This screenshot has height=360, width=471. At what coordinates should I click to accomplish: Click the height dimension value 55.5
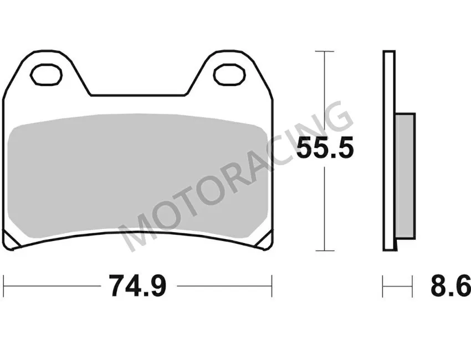coord(325,148)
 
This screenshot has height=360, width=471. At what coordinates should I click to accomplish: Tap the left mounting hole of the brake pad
coord(47,74)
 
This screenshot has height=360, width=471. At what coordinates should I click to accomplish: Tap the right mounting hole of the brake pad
coord(228,74)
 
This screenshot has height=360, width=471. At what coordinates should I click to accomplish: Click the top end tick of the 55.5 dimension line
coord(325,51)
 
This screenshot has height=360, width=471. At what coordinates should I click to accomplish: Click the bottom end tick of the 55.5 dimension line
coord(325,250)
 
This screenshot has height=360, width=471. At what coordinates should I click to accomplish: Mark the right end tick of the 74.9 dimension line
coord(272,286)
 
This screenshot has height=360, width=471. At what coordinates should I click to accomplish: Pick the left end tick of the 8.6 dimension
coord(383,286)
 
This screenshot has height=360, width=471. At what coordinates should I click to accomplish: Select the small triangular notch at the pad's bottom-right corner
coord(264,241)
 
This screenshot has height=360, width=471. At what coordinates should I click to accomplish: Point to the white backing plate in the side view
coord(388,150)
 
